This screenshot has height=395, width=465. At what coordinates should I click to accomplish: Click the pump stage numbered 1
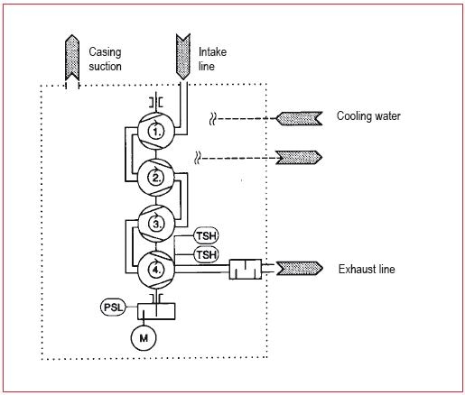(156, 131)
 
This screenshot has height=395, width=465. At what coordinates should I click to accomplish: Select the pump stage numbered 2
(156, 178)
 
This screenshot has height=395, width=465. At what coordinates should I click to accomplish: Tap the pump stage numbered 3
(156, 224)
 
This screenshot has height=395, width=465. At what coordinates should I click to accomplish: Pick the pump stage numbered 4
(156, 270)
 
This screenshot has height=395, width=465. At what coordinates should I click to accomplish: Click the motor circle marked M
(144, 338)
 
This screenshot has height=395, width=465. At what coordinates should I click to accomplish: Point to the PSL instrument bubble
(113, 308)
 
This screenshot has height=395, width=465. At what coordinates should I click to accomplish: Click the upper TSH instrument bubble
(206, 235)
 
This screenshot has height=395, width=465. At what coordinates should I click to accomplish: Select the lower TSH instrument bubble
(206, 254)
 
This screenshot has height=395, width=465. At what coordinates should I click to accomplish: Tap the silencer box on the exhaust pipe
(246, 269)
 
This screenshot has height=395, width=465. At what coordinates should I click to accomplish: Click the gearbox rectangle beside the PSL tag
(156, 311)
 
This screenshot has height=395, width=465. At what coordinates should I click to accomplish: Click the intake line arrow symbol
(183, 57)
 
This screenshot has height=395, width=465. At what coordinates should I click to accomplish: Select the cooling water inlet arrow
(299, 118)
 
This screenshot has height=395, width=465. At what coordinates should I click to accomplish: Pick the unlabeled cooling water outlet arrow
(299, 158)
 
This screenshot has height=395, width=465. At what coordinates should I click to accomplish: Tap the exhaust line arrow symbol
(299, 269)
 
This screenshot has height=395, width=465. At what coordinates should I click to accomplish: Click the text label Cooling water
(368, 116)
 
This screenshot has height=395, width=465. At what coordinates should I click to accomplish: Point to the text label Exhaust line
(367, 269)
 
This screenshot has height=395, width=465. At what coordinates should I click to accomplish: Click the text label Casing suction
(105, 59)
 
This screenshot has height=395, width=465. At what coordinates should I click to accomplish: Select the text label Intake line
(212, 59)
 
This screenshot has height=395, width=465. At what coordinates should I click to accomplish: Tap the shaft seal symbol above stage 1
(156, 103)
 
